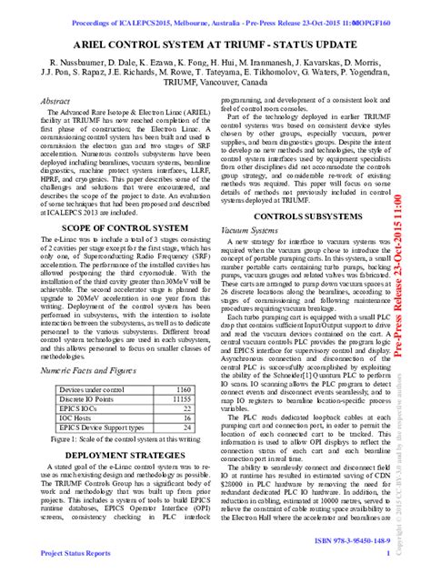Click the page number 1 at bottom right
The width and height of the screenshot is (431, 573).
coord(388,552)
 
